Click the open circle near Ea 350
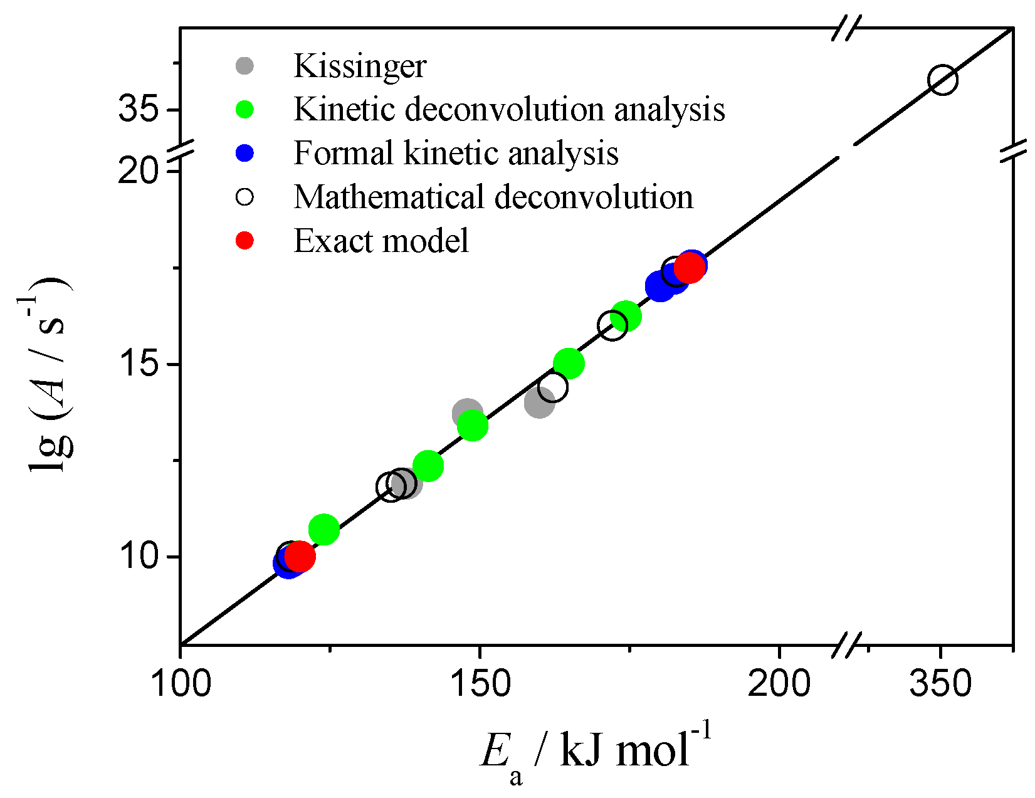tap(943, 80)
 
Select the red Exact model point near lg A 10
tap(300, 555)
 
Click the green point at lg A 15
tap(569, 363)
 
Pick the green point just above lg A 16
tap(626, 316)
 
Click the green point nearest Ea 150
tap(473, 426)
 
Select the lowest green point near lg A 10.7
tap(324, 530)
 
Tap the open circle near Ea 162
tap(553, 387)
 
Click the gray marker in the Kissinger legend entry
tap(244, 65)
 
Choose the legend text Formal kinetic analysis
tap(456, 154)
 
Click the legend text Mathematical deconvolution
tap(493, 197)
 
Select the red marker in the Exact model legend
tap(244, 241)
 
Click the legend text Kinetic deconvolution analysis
tap(509, 110)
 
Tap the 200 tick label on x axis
tap(779, 683)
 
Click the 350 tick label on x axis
tap(940, 683)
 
